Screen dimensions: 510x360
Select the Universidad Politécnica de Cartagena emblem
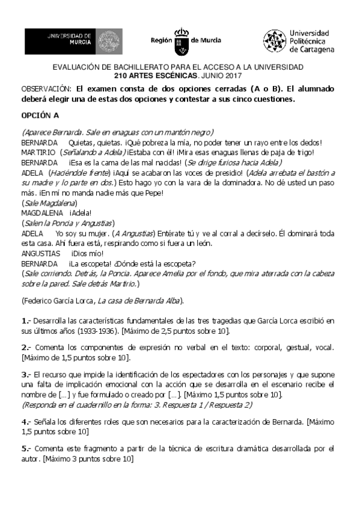pos(273,40)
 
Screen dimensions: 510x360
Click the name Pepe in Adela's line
pos(154,192)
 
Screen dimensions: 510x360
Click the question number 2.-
pos(26,348)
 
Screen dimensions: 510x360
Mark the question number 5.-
pos(26,449)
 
